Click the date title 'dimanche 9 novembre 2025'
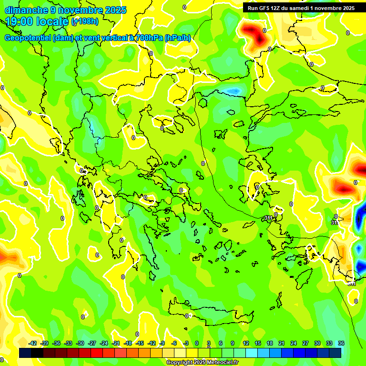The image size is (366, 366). pyautogui.click(x=65, y=10)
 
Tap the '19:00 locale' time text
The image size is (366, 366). pyautogui.click(x=37, y=21)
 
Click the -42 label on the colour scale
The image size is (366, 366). pyautogui.click(x=33, y=343)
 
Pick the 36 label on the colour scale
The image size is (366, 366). pyautogui.click(x=341, y=343)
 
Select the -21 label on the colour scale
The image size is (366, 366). pyautogui.click(x=116, y=343)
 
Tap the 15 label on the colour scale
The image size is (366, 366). pyautogui.click(x=258, y=343)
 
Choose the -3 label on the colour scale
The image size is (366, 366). pyautogui.click(x=186, y=343)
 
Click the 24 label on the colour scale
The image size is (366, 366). pyautogui.click(x=294, y=343)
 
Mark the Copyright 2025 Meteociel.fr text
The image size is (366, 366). pyautogui.click(x=202, y=362)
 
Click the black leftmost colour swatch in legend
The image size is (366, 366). pyautogui.click(x=25, y=353)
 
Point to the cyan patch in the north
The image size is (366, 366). pyautogui.click(x=233, y=91)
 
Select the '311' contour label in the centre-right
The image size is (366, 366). pyautogui.click(x=268, y=218)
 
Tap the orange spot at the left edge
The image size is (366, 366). pyautogui.click(x=4, y=258)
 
